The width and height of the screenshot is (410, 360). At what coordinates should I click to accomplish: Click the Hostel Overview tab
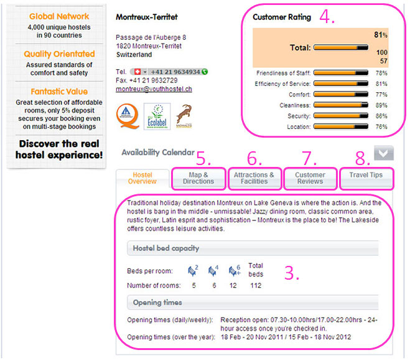[x=142, y=178]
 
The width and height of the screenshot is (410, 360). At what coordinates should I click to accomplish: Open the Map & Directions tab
[x=198, y=178]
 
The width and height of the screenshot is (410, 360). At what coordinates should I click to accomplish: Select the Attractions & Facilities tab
[x=254, y=178]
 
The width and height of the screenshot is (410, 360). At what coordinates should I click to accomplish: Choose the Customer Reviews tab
[x=310, y=178]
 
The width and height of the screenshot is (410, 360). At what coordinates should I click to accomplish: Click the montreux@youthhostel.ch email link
[x=154, y=89]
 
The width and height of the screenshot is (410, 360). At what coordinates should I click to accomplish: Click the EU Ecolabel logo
[x=157, y=116]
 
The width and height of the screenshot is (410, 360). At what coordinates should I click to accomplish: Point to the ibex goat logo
[x=184, y=116]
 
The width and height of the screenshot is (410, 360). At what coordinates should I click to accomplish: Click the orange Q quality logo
[x=128, y=116]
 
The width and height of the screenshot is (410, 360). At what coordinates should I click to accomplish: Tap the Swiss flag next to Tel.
[x=137, y=72]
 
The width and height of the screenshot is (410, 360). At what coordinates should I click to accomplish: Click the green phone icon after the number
[x=205, y=72]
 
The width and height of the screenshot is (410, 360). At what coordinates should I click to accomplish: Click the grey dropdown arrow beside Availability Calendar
[x=384, y=153]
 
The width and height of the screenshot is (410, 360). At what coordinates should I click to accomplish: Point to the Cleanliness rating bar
[x=341, y=105]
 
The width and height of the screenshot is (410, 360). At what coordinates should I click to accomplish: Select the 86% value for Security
[x=381, y=116]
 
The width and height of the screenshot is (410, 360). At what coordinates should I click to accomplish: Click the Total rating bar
[x=341, y=47]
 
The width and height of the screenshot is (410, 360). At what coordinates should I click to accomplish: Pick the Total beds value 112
[x=256, y=285]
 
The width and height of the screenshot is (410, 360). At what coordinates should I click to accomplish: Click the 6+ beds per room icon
[x=235, y=271]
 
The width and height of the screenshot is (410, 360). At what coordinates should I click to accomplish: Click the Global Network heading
[x=59, y=16]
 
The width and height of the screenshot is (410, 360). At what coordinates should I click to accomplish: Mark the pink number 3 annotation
[x=291, y=273]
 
